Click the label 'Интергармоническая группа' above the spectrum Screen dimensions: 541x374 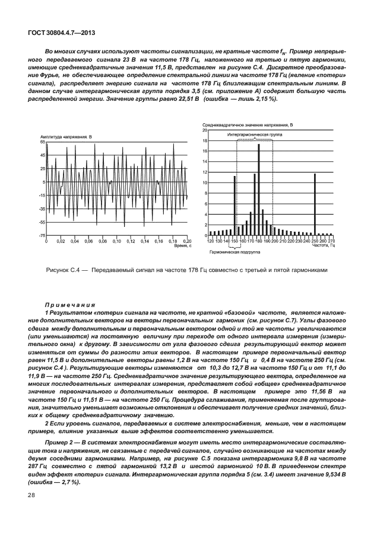coord(256,135)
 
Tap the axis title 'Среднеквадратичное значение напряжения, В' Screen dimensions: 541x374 coord(246,126)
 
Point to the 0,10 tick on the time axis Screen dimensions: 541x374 coord(116,241)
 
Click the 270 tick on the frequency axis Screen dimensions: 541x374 coord(331,241)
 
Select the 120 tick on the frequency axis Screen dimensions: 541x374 coord(210,241)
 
